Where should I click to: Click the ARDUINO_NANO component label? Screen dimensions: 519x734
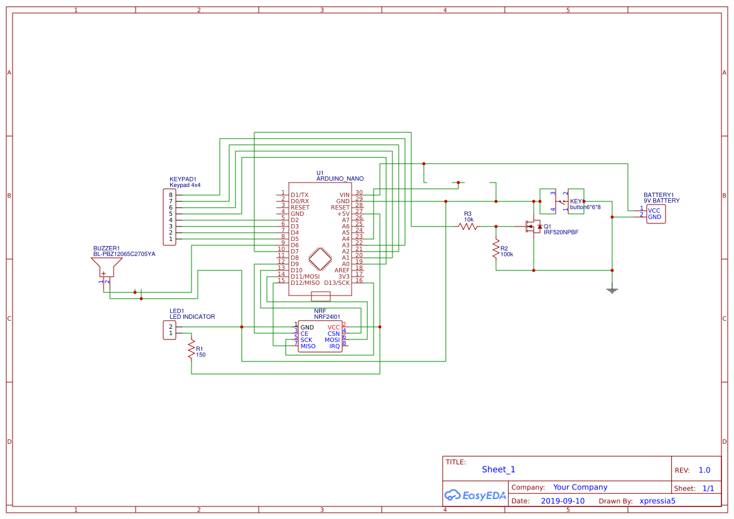(x=340, y=179)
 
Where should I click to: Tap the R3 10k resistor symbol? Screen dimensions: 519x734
(x=468, y=227)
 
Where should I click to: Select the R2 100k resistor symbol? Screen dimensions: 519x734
(x=496, y=247)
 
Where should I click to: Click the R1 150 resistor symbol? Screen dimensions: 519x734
(x=192, y=349)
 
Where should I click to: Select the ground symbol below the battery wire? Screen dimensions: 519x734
(x=612, y=289)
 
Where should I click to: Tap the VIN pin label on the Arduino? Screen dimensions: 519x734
(x=344, y=195)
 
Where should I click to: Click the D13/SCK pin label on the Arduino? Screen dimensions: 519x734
(x=337, y=282)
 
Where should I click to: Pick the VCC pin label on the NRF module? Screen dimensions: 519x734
(x=333, y=327)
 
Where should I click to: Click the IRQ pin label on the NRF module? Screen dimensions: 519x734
(x=335, y=346)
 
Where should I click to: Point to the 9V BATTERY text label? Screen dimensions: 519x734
(x=661, y=201)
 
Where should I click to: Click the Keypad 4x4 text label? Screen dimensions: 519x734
(x=185, y=185)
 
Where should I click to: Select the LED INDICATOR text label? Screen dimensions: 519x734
(x=192, y=317)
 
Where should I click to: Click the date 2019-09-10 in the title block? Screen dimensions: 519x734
(x=563, y=501)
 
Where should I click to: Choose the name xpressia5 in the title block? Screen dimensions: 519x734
(x=657, y=501)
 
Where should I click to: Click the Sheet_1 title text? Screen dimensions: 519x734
(x=499, y=469)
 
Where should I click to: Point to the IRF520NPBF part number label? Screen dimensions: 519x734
(x=561, y=232)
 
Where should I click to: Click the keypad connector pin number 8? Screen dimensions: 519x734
(x=170, y=195)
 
